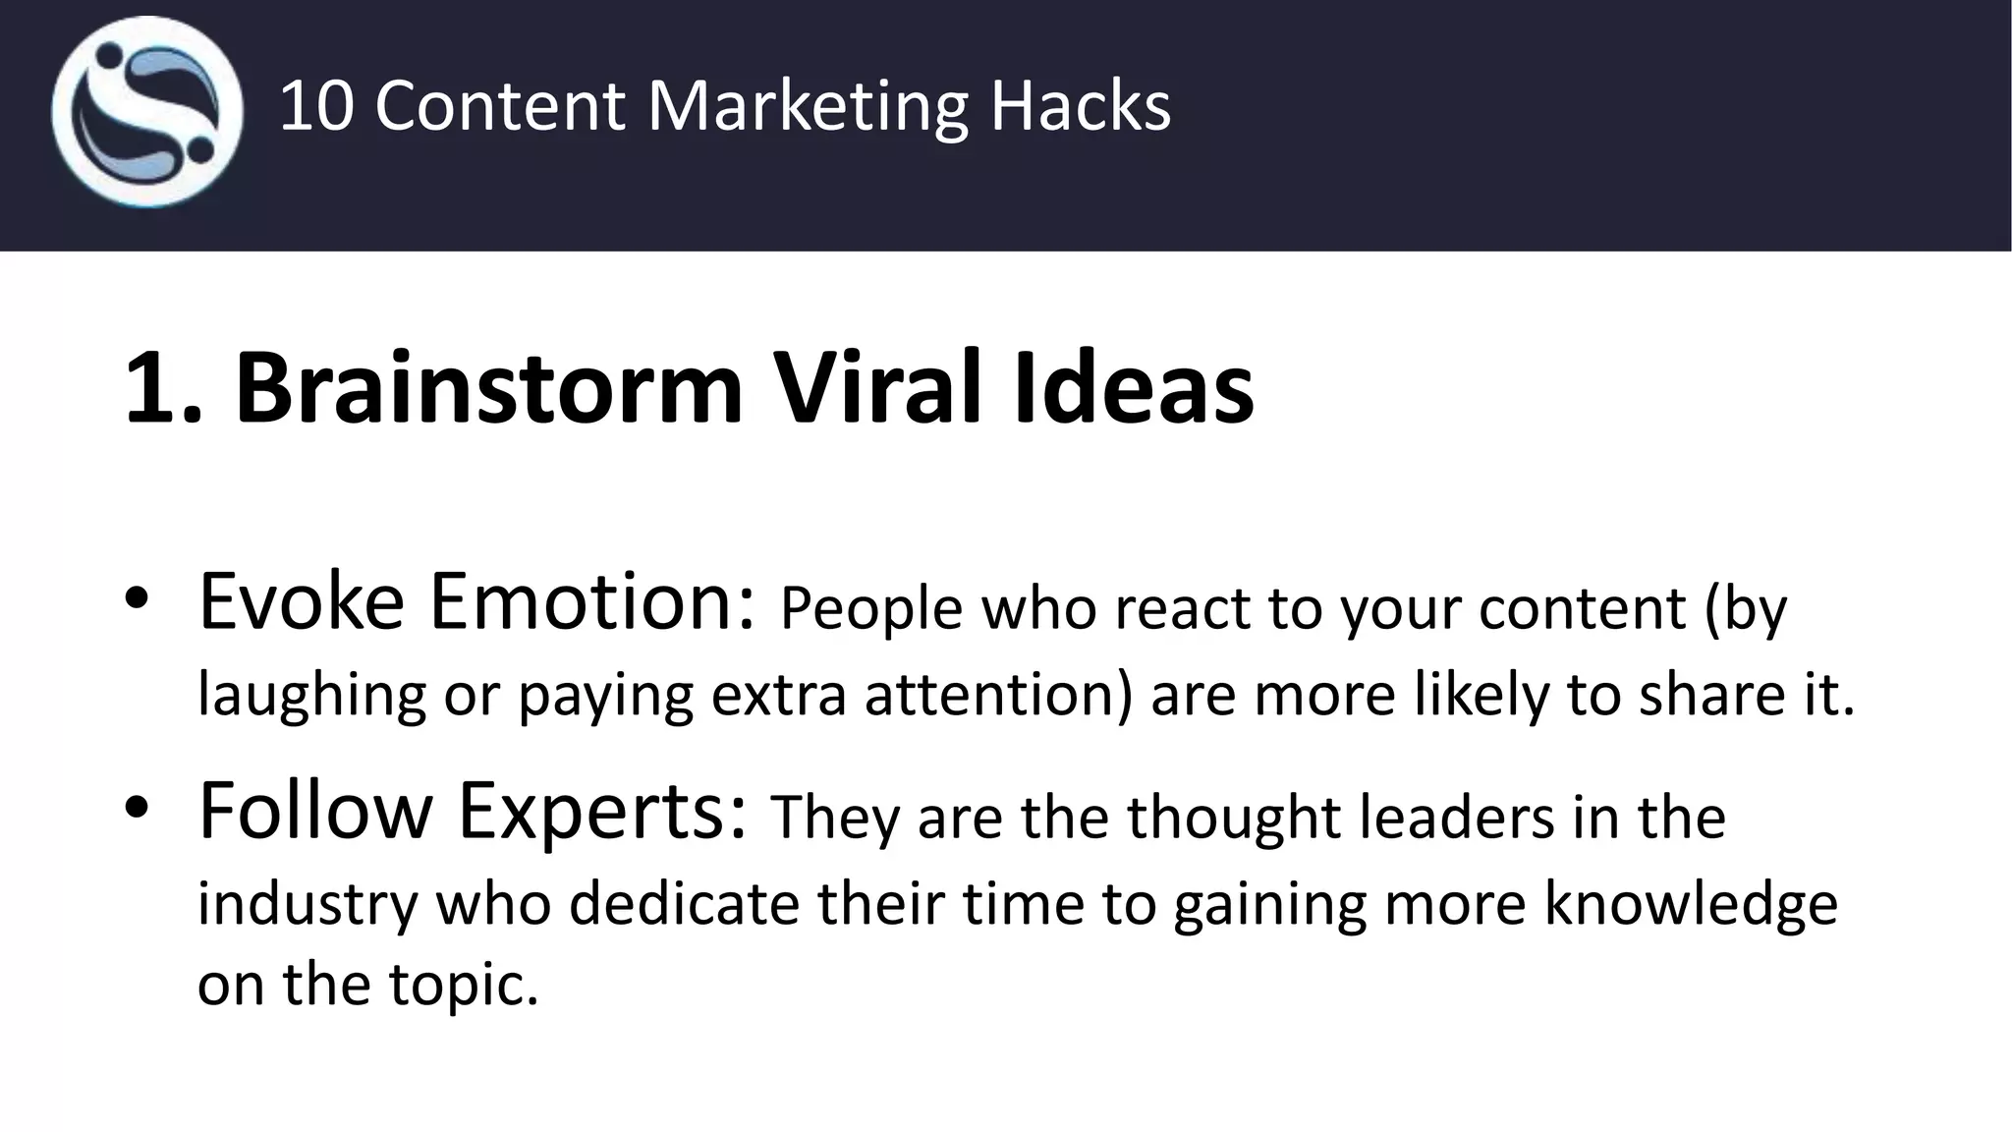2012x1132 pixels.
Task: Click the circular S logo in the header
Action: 147,111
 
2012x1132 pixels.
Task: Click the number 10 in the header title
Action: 315,106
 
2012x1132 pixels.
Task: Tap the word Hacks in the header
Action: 1080,106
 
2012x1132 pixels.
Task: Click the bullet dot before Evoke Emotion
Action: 136,600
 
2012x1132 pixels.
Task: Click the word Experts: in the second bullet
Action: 601,811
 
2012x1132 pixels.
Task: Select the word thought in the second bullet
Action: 1232,818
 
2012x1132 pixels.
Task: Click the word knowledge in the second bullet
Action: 1690,905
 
